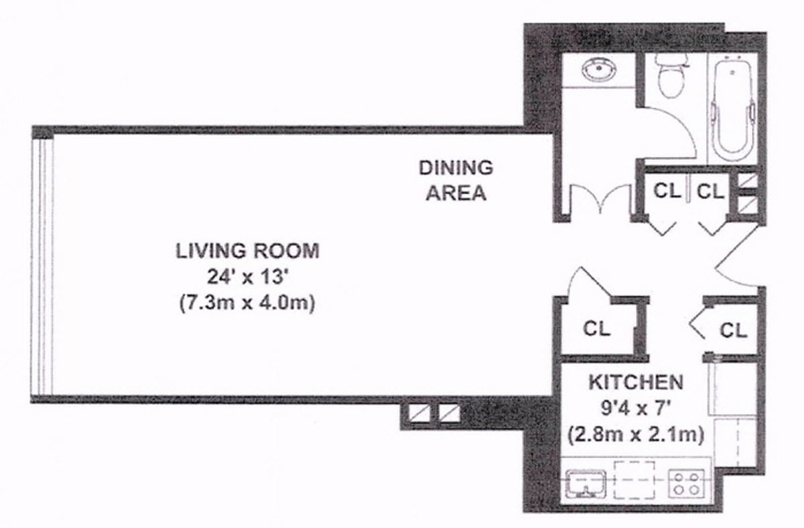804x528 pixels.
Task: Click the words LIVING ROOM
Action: [247, 251]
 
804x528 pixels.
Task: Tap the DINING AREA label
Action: [456, 180]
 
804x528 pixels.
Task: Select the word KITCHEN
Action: [635, 383]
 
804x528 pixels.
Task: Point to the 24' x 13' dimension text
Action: [247, 277]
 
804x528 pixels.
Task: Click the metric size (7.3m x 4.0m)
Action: [247, 303]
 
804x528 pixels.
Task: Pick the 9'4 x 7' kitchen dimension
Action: [635, 408]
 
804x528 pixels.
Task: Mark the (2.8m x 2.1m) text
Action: [635, 434]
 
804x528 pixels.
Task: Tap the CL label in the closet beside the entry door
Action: [734, 330]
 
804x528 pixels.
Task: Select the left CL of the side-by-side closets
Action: [667, 191]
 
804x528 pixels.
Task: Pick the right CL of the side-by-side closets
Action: [710, 191]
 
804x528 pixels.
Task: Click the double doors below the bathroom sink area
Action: [600, 200]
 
